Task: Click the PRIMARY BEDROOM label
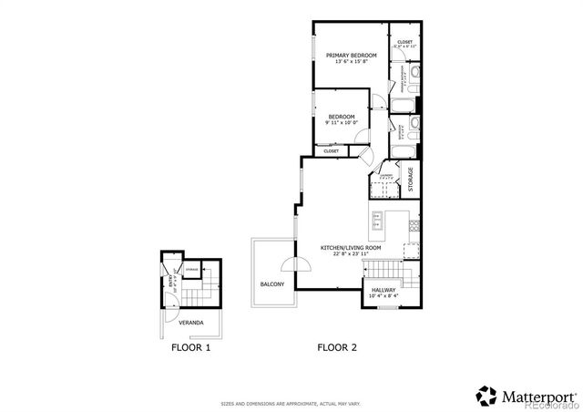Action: pyautogui.click(x=351, y=56)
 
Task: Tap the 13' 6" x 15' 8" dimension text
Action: pyautogui.click(x=351, y=63)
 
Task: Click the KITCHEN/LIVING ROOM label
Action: pyautogui.click(x=350, y=248)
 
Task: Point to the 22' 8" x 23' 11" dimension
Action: pyautogui.click(x=350, y=255)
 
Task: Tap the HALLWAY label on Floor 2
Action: pyautogui.click(x=383, y=289)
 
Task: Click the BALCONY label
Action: pyautogui.click(x=272, y=284)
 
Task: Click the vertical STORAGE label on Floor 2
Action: pyautogui.click(x=410, y=179)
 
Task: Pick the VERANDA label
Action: pyautogui.click(x=190, y=324)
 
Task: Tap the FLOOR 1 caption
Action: pyautogui.click(x=191, y=347)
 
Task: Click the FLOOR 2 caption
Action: pyautogui.click(x=336, y=347)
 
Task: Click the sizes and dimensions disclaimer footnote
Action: pyautogui.click(x=291, y=402)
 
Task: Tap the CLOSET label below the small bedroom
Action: pyautogui.click(x=331, y=151)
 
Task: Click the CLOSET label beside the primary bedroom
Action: pyautogui.click(x=404, y=42)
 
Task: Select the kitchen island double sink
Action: pyautogui.click(x=375, y=221)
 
